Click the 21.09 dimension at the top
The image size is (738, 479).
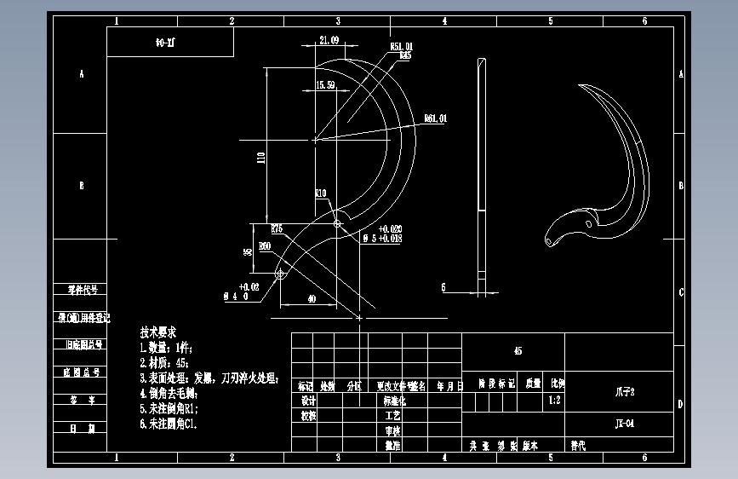329,40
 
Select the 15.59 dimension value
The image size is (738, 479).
325,85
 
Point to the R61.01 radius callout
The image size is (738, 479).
435,118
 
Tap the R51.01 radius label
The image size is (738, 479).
401,46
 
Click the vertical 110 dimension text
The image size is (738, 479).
260,156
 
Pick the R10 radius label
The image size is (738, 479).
321,193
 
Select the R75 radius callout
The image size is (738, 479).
277,228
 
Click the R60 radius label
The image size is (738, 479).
265,246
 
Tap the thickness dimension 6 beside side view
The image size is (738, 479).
443,288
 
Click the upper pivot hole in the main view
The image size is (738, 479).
337,223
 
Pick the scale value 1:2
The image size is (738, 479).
555,399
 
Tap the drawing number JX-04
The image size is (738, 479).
625,423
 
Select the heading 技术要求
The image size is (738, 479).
159,332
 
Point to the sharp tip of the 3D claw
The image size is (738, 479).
580,85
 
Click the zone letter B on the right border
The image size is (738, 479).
681,185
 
